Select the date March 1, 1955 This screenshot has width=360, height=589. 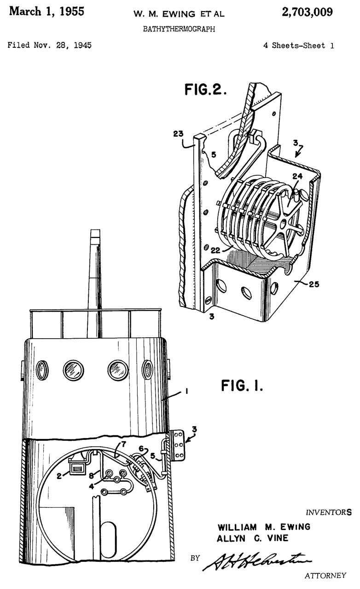46,12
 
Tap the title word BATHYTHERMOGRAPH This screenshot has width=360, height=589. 179,29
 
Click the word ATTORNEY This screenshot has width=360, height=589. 325,575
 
